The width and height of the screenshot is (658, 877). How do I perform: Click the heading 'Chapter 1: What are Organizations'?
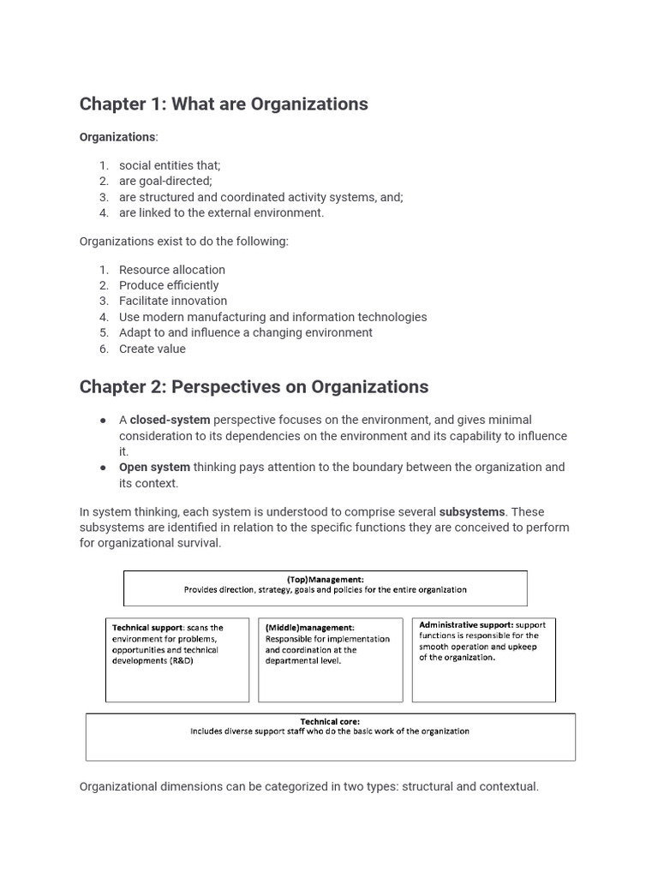(x=224, y=104)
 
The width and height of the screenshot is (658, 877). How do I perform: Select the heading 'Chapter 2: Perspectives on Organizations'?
(x=254, y=387)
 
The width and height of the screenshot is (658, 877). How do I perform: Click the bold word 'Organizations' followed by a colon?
(x=117, y=137)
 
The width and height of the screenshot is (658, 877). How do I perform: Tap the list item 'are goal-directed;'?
(x=165, y=182)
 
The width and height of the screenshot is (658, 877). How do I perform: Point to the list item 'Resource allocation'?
(x=172, y=270)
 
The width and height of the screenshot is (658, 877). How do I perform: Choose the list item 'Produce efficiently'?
(x=169, y=285)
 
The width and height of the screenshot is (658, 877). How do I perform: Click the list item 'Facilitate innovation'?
(x=173, y=301)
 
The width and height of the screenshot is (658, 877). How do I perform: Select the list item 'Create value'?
(x=153, y=349)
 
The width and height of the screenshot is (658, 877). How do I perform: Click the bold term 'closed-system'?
(x=170, y=421)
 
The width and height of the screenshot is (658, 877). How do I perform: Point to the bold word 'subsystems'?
(x=472, y=512)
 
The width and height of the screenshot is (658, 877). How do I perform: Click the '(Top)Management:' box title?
(x=325, y=580)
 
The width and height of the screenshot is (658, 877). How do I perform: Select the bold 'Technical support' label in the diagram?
(x=147, y=628)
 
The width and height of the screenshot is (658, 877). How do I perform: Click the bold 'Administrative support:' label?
(x=465, y=625)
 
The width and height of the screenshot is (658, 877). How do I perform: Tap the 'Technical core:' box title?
(x=330, y=722)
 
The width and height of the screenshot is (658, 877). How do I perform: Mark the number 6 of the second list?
(x=103, y=349)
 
